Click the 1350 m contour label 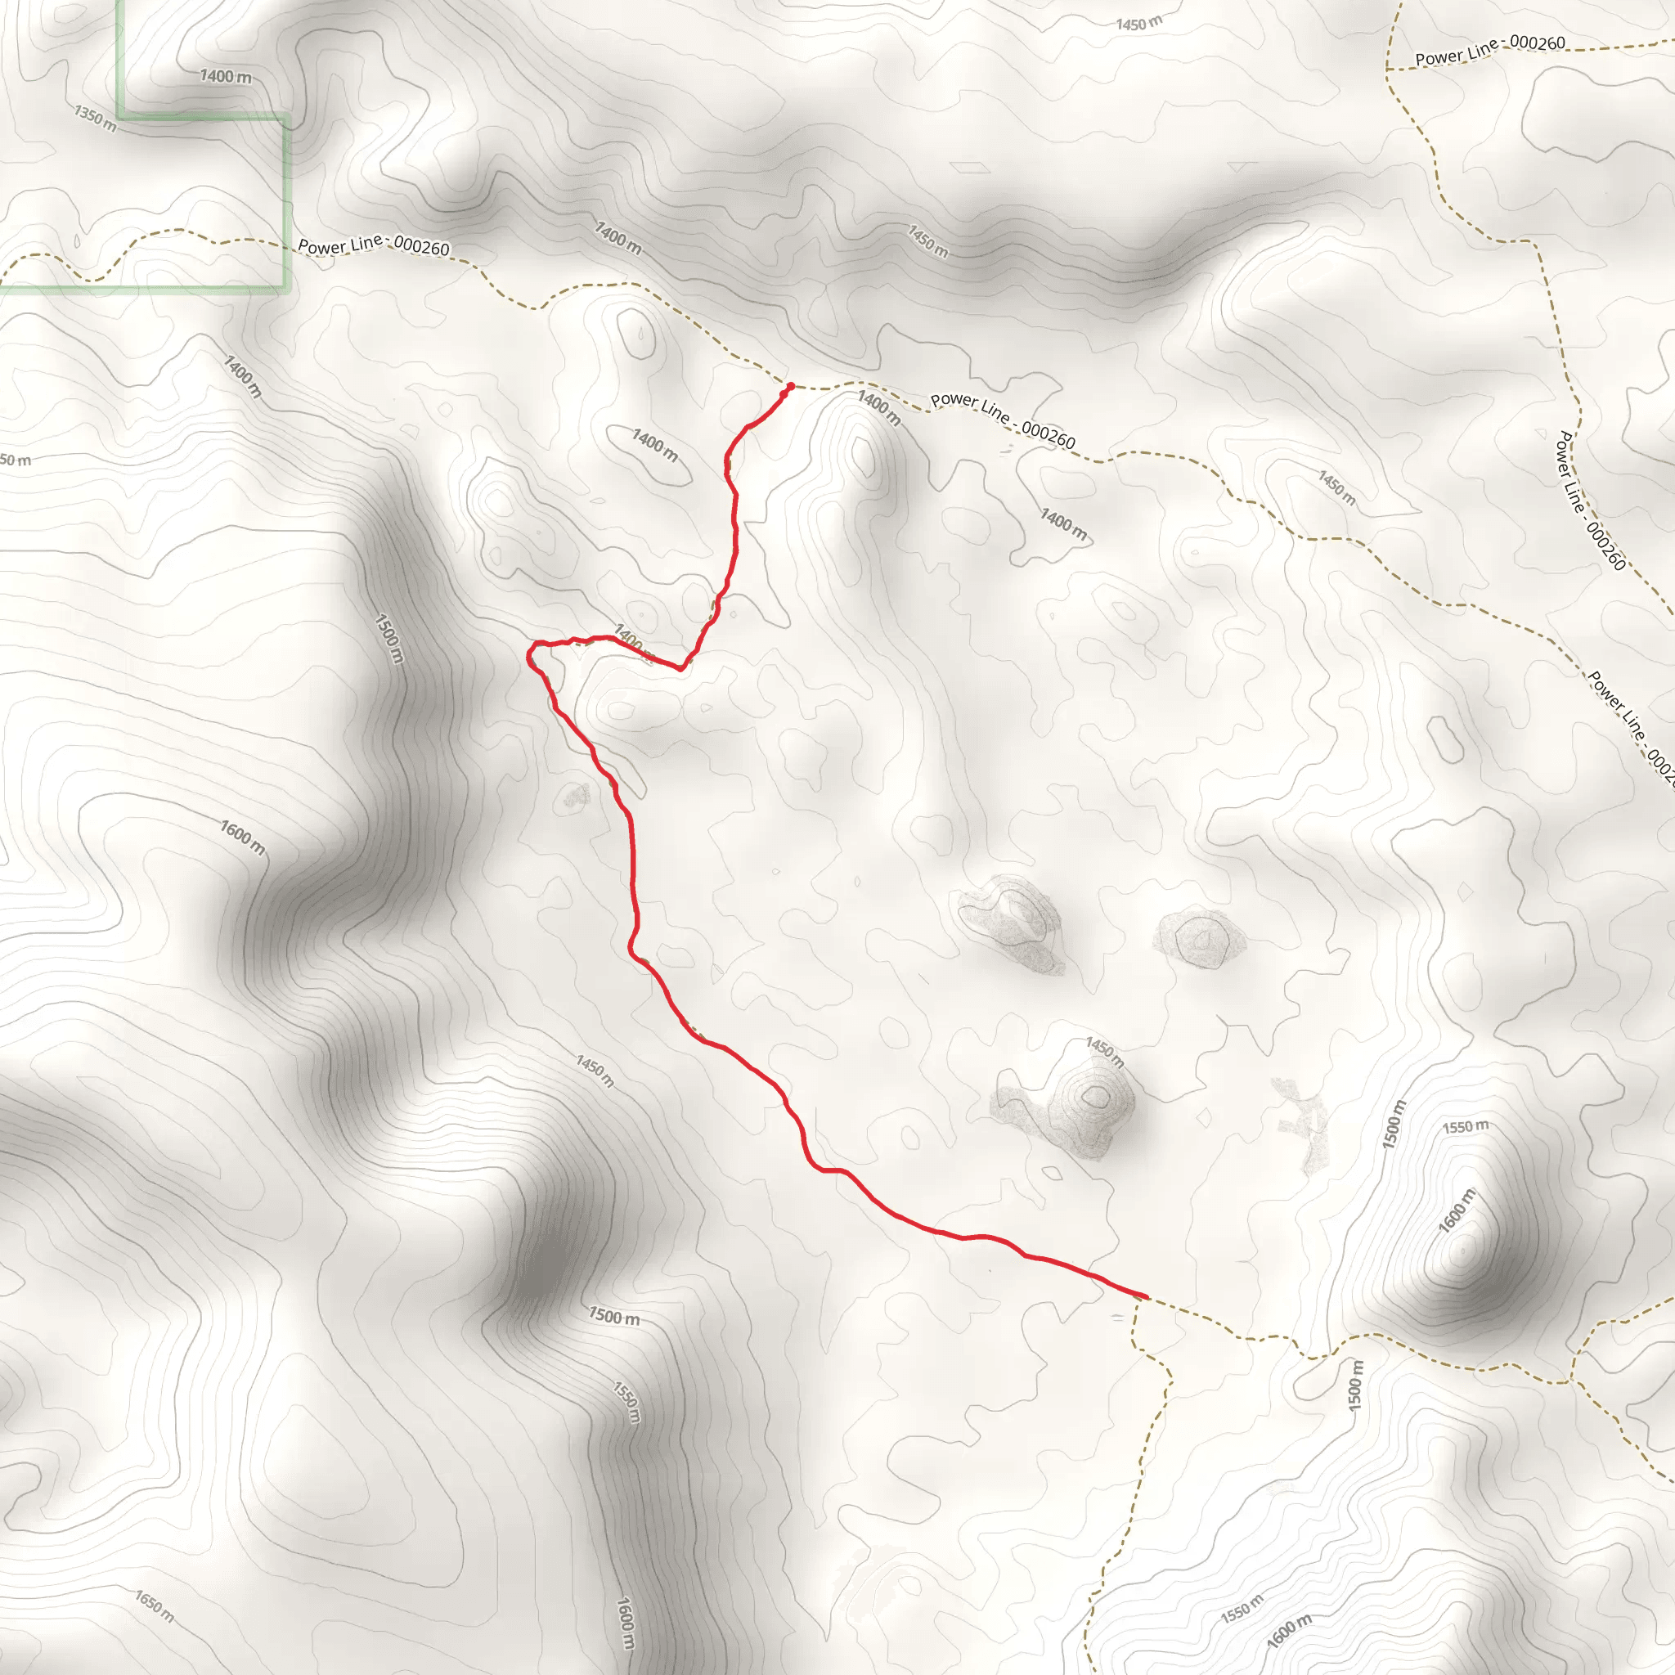click(96, 119)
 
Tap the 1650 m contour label click(155, 1605)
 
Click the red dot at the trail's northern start click(790, 387)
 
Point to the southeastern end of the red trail click(1145, 1296)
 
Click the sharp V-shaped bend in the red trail click(681, 668)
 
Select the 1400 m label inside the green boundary click(226, 76)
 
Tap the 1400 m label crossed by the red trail click(633, 641)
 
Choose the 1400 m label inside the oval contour click(654, 445)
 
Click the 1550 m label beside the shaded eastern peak click(1465, 1127)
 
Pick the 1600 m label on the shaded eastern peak click(1456, 1211)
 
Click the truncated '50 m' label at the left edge click(15, 460)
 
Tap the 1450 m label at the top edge click(1138, 25)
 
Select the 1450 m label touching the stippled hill click(1104, 1053)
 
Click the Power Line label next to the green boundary click(374, 246)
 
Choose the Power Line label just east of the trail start click(1002, 420)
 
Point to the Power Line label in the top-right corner click(1489, 50)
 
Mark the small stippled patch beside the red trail click(576, 795)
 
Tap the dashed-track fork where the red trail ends click(1136, 1300)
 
